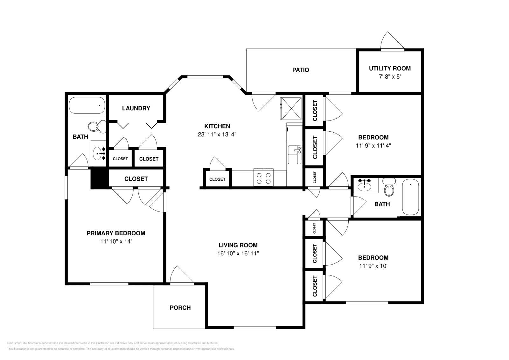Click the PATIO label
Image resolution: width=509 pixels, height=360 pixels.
coord(300,70)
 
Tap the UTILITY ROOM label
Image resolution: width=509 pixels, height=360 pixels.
coord(389,68)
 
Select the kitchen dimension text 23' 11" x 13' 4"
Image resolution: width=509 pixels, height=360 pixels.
coord(217,135)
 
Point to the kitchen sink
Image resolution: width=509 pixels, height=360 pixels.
coord(294,154)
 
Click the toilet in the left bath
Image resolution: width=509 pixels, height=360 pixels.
coord(97,127)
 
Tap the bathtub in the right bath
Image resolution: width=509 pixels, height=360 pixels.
coord(410,197)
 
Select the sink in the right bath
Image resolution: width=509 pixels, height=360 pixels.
coord(364,185)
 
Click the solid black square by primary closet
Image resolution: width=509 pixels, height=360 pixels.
coord(100,179)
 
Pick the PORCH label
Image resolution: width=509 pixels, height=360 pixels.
coord(180,308)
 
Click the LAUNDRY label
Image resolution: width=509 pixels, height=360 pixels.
coord(136,108)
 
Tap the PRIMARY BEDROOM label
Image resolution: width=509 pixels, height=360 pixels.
coord(116,233)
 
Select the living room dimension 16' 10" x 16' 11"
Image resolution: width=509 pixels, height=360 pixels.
coord(238,253)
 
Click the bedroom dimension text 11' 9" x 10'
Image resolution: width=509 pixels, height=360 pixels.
coord(373,266)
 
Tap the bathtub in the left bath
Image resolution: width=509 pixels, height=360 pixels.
coord(87,106)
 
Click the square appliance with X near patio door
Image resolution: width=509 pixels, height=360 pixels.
coord(290,108)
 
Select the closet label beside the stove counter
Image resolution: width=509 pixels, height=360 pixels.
coord(217,179)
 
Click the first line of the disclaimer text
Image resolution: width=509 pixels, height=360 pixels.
coord(113,343)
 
